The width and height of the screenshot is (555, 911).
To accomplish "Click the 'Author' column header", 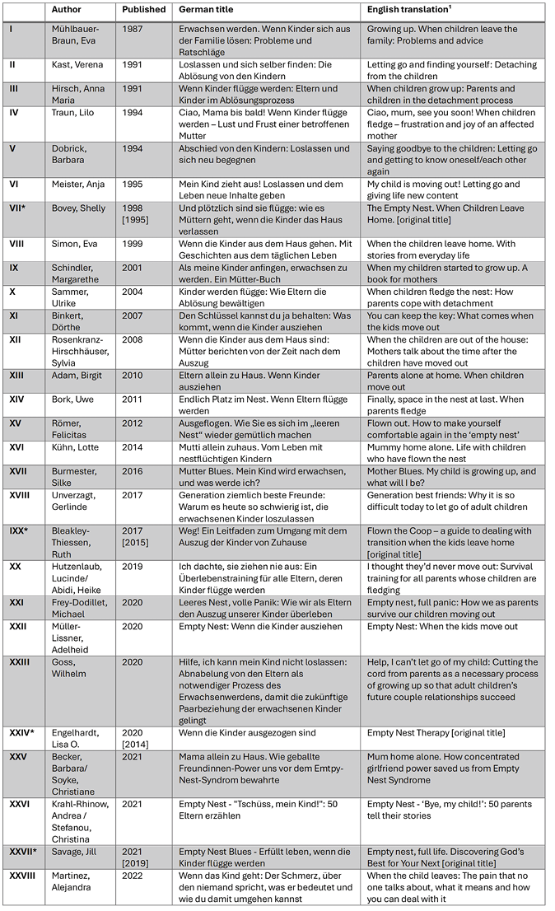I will [x=67, y=10].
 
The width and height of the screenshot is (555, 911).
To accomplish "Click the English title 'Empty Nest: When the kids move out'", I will [x=443, y=626].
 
